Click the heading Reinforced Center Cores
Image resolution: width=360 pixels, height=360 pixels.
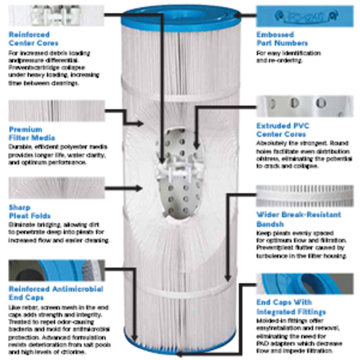pos(34,39)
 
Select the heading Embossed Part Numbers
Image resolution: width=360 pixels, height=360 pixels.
pos(282,39)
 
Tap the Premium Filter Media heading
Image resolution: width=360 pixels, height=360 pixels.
pos(32,134)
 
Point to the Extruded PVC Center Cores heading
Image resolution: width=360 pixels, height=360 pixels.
pos(283,130)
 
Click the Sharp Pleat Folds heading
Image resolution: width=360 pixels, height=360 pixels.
pos(30,212)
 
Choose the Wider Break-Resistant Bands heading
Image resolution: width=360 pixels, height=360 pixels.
pos(298,219)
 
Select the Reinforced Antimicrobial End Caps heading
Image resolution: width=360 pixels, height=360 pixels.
pos(56,293)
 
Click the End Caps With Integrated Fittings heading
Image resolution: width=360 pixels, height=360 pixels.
pos(291,307)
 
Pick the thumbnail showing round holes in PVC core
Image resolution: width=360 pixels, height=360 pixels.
pos(305,107)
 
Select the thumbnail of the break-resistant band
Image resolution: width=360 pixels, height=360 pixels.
pos(305,196)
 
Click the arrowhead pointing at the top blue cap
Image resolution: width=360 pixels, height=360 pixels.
pos(240,15)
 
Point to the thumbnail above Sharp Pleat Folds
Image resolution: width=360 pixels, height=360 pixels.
pos(56,188)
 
